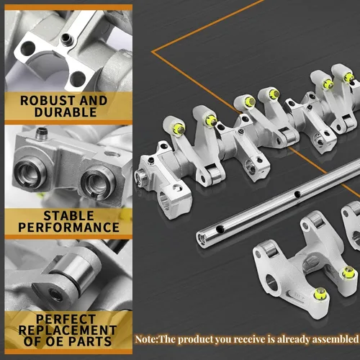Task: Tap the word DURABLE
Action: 66,112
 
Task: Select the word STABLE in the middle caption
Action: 68,215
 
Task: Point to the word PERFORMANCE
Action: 68,228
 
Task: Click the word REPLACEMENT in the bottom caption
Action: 68,330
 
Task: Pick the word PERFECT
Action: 66,319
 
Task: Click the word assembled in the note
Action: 338,339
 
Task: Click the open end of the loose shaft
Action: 201,238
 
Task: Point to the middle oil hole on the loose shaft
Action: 297,194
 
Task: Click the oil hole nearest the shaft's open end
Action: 220,230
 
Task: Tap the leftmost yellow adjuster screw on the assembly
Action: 179,129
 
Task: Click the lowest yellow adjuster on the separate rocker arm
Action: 320,294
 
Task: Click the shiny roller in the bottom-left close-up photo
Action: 72,268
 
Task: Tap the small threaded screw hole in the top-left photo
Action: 66,39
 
